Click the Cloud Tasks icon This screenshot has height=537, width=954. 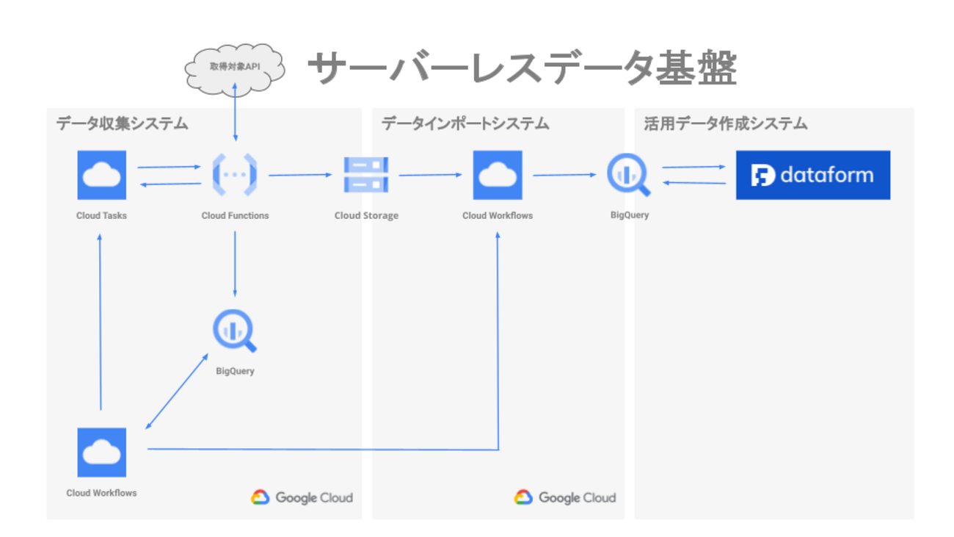[102, 175]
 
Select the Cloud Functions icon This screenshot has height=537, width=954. [235, 175]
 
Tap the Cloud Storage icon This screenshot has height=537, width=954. [366, 175]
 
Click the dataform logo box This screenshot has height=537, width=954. [812, 175]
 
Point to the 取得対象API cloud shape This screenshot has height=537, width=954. [234, 67]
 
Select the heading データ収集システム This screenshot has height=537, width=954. [123, 123]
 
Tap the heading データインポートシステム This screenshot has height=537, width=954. [465, 123]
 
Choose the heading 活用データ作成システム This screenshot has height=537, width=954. [725, 123]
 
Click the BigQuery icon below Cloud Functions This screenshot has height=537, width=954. [235, 332]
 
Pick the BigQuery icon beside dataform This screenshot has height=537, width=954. [629, 176]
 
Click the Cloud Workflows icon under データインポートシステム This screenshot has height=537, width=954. [498, 175]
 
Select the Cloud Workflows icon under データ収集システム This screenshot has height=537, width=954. [102, 453]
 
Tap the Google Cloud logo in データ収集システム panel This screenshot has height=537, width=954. [302, 497]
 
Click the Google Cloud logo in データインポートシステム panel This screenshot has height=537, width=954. [565, 497]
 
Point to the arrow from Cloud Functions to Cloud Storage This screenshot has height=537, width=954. [300, 175]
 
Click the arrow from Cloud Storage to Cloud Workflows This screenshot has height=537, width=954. [430, 175]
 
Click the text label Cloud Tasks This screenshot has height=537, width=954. [101, 216]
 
